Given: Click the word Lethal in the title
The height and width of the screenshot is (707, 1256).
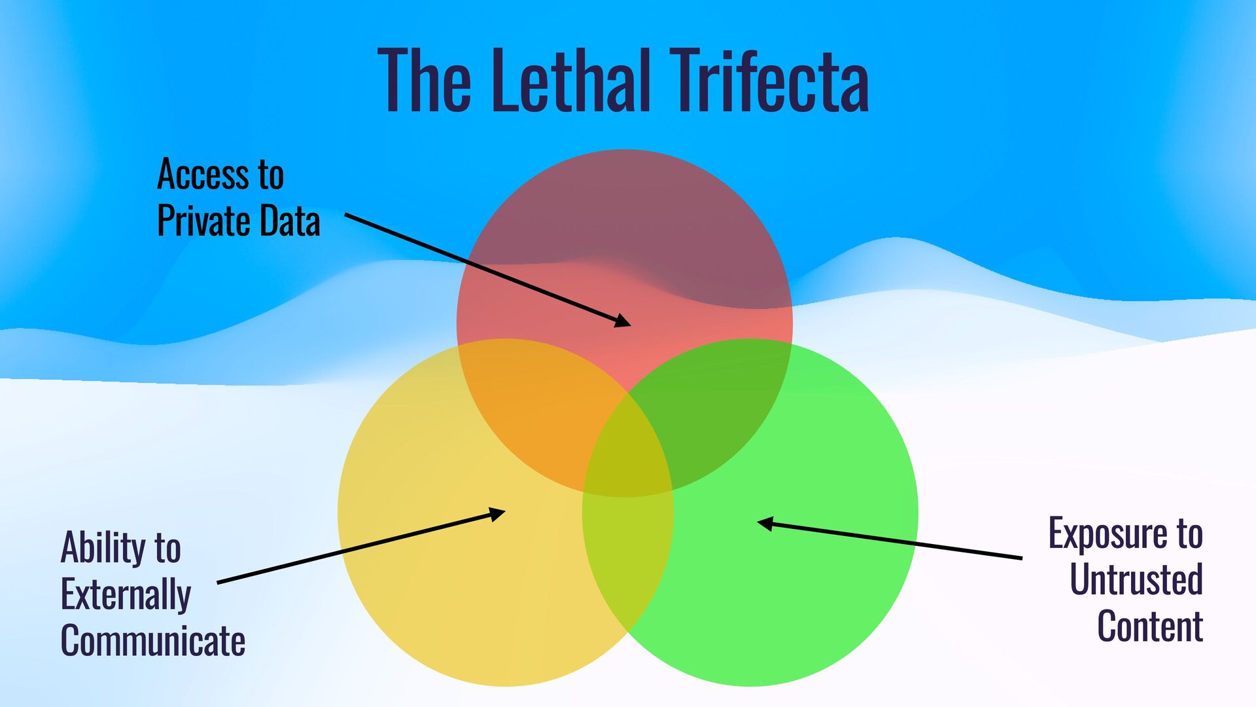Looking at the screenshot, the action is [x=570, y=81].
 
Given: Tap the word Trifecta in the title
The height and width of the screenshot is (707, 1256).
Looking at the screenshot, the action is [x=770, y=81].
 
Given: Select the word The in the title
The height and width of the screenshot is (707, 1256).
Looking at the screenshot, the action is [x=424, y=81].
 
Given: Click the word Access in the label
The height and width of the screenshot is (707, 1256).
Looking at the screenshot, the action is [x=202, y=175].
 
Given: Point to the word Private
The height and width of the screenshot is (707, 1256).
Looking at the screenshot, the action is [x=202, y=221].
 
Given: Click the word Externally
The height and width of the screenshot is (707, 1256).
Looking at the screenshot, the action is [x=126, y=594].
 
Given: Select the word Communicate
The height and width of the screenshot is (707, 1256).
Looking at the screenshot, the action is [x=153, y=640].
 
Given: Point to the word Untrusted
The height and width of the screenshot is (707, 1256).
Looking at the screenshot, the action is [x=1136, y=579].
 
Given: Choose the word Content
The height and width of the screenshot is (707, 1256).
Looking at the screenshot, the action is [x=1150, y=626].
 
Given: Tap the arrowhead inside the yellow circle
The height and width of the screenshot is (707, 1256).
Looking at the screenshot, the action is [x=497, y=513].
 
